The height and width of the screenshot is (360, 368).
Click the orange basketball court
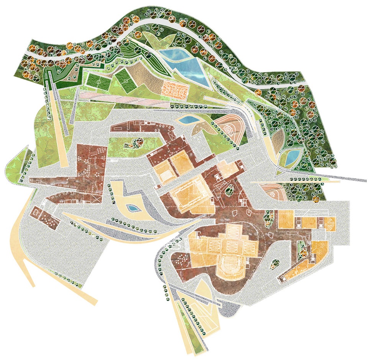tap(175, 88)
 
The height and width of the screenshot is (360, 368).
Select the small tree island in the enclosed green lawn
tap(135, 143)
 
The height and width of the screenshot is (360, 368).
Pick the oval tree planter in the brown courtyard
tap(230, 190)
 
